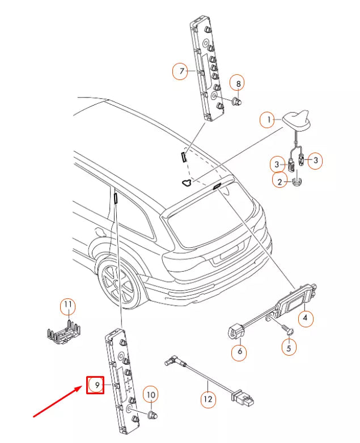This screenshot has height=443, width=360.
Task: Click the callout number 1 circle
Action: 268,120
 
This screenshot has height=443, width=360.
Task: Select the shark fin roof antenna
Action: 297,121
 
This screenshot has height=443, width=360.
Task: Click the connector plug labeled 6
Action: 235,332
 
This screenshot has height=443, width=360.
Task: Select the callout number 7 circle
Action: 180,71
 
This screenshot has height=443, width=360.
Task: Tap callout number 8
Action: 238,83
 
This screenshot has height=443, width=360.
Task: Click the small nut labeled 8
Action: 236,101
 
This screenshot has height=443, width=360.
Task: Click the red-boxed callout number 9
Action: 95,385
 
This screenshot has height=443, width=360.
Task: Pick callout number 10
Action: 151,394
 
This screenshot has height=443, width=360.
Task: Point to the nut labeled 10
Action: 153,415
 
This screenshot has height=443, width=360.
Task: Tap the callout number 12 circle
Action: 208,399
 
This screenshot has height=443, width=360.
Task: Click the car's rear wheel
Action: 118,284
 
